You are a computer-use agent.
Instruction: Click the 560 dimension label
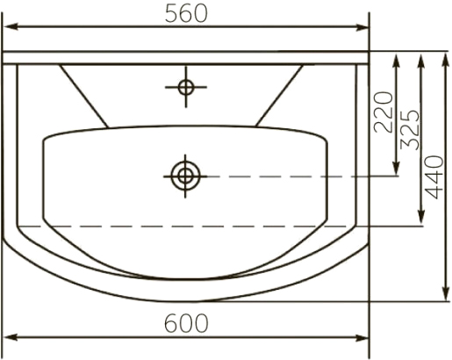click(x=186, y=14)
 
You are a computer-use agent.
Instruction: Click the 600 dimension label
click(x=186, y=323)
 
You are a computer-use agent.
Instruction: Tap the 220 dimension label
click(x=384, y=112)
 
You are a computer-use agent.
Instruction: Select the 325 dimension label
click(x=410, y=130)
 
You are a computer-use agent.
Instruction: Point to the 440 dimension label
click(x=434, y=177)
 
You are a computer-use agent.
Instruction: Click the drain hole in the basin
click(x=185, y=176)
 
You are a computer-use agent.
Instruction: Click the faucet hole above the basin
click(x=186, y=87)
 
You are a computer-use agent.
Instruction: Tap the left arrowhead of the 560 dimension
click(x=11, y=26)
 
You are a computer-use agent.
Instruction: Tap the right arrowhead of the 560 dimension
click(x=361, y=27)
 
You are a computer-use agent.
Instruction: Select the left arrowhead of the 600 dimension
click(x=11, y=337)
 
